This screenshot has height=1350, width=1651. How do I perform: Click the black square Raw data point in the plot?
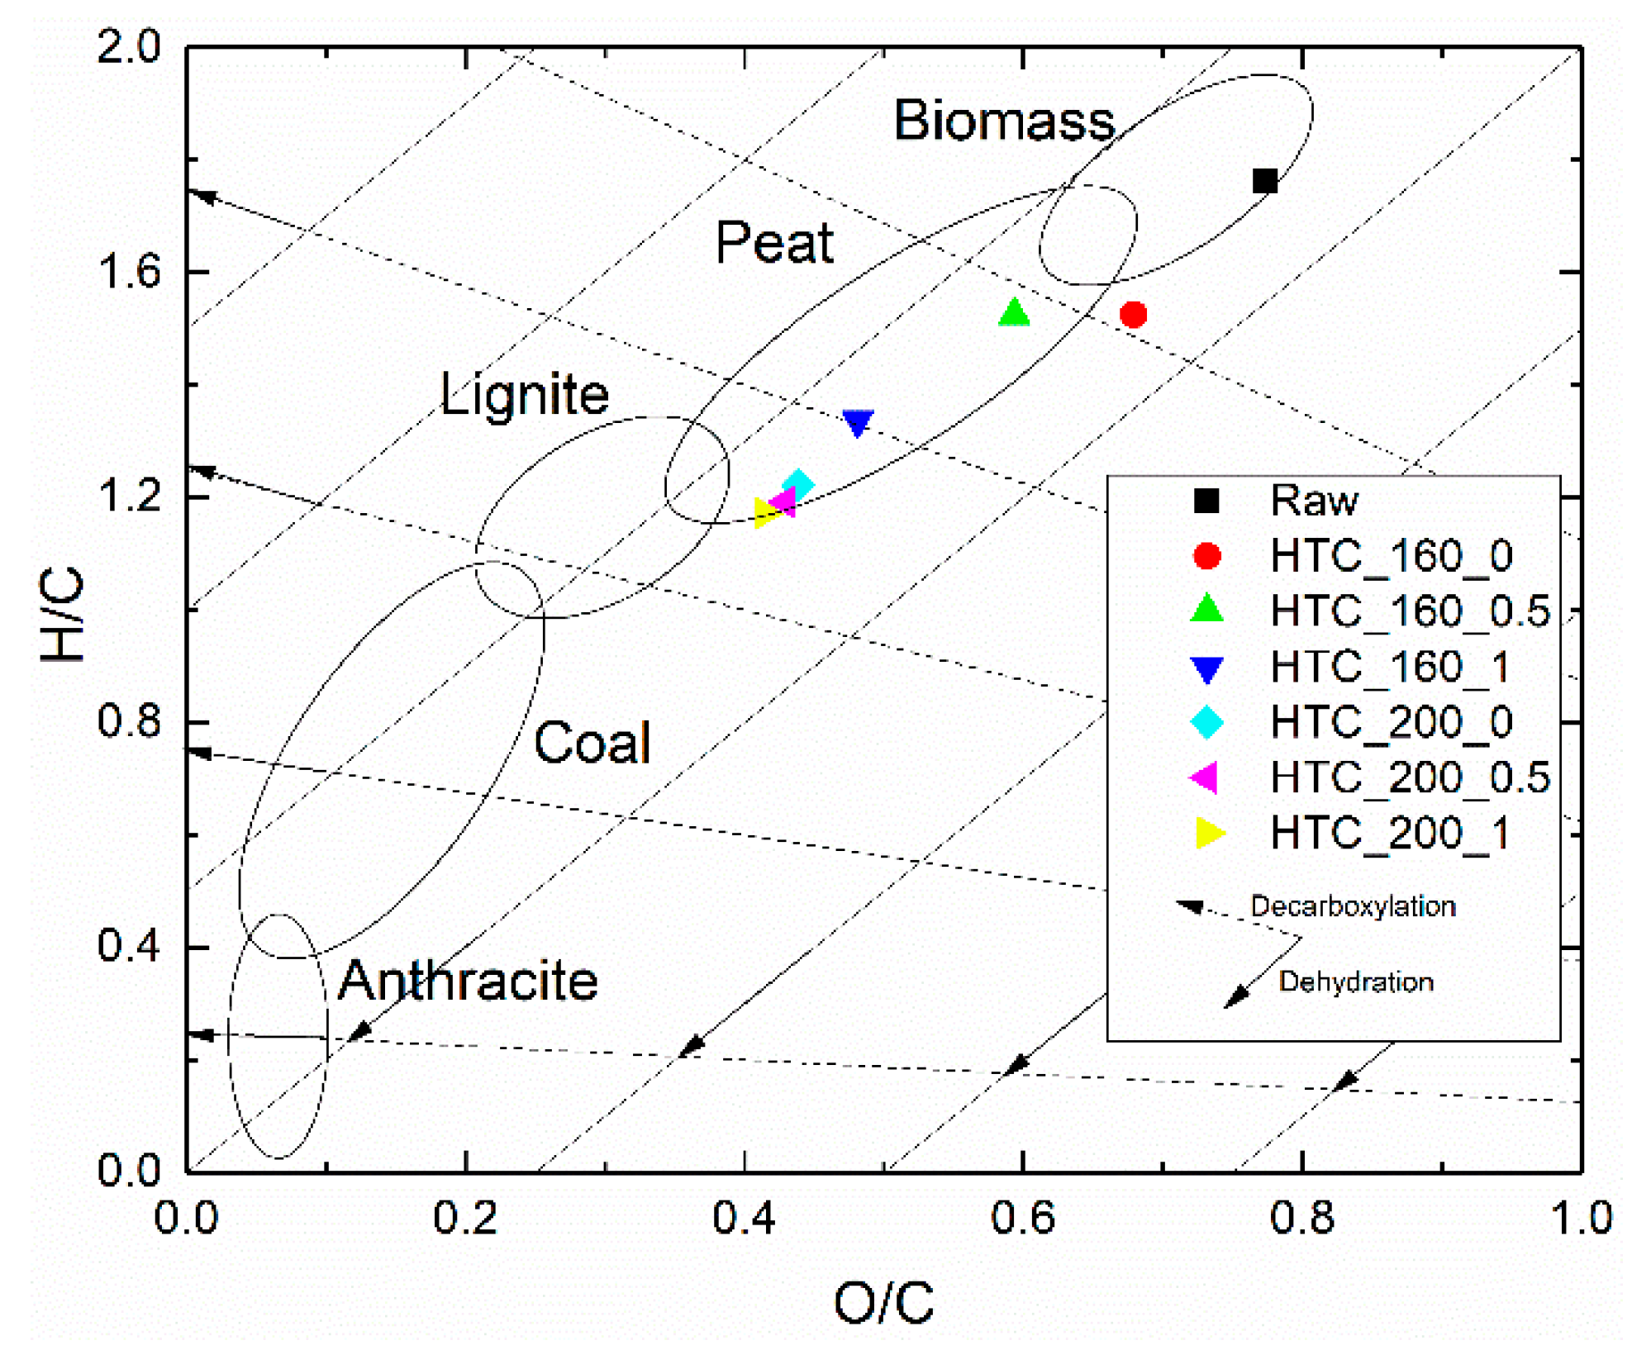tap(1264, 181)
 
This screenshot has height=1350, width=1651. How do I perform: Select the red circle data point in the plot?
tap(1133, 314)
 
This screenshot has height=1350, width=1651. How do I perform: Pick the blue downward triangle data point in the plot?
tap(858, 423)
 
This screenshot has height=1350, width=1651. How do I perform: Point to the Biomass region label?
tap(1004, 121)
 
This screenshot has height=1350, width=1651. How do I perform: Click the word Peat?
tap(774, 243)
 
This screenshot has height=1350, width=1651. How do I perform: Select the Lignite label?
tap(524, 394)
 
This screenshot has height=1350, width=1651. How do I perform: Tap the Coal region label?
tap(592, 742)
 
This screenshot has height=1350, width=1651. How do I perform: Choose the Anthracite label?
tap(468, 981)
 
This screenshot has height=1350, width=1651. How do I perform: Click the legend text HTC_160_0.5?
tap(1409, 611)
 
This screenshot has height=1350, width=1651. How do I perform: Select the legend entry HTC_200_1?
tap(1390, 833)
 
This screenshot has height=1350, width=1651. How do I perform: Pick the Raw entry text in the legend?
tap(1313, 501)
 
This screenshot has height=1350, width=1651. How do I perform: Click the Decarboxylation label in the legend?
tap(1352, 906)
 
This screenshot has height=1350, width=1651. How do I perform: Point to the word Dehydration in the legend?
tap(1355, 982)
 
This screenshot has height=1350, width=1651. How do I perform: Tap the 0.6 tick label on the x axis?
tap(1023, 1218)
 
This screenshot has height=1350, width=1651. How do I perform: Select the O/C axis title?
tap(883, 1303)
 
